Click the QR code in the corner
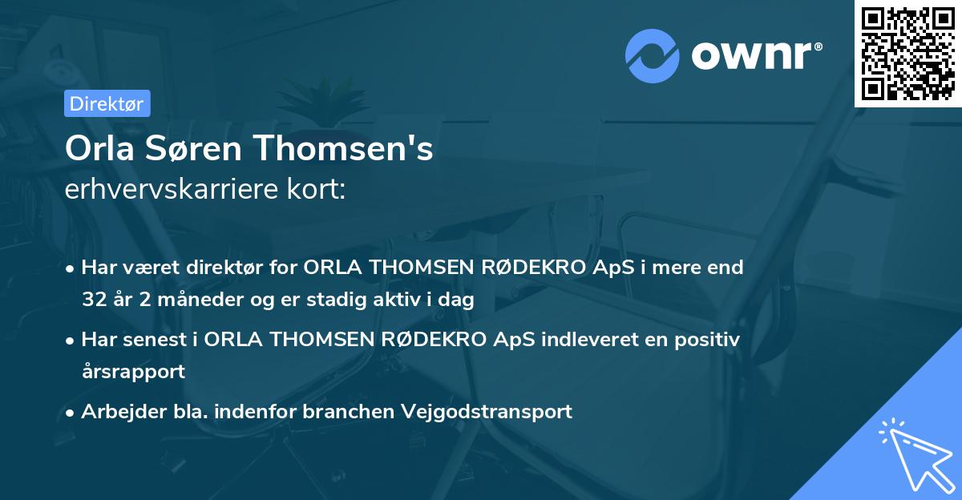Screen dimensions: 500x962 point(907,54)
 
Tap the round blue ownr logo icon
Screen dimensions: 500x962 point(653,55)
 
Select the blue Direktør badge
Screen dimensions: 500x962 point(107,103)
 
